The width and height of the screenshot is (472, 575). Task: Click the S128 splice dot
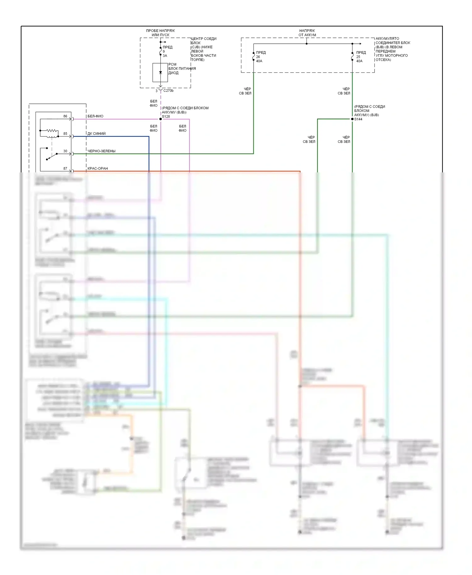(x=160, y=119)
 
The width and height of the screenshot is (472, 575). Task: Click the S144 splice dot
(x=352, y=119)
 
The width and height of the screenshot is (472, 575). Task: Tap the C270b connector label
(x=168, y=91)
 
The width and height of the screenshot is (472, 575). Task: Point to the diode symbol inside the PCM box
(x=160, y=72)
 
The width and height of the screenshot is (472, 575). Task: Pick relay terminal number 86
(x=65, y=116)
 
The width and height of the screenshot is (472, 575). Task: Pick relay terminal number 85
(x=65, y=134)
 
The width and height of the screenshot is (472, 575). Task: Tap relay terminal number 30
(x=65, y=151)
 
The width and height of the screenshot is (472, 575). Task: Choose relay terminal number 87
(x=65, y=169)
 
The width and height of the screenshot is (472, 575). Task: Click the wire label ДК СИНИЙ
(x=97, y=134)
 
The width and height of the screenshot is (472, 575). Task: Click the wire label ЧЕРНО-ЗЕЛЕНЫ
(x=101, y=151)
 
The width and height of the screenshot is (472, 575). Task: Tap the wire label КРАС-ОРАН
(x=98, y=169)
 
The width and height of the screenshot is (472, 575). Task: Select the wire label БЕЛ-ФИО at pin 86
(x=95, y=116)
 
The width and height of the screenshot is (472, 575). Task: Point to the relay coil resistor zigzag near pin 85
(x=52, y=131)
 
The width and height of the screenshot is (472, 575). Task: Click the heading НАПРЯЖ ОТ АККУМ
(x=307, y=33)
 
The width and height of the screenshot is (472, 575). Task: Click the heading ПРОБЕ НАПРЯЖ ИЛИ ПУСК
(x=160, y=33)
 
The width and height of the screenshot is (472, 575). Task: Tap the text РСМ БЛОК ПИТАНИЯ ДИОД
(x=182, y=69)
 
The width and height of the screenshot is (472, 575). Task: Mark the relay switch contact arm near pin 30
(x=52, y=156)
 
